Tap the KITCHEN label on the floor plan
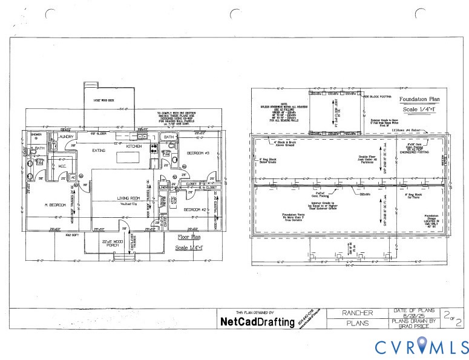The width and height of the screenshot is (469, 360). [x=133, y=146]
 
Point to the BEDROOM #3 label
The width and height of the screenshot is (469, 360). [x=197, y=152]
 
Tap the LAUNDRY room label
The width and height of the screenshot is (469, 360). [x=65, y=137]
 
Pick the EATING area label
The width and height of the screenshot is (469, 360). [x=99, y=149]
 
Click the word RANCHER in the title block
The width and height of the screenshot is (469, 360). [x=357, y=313]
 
